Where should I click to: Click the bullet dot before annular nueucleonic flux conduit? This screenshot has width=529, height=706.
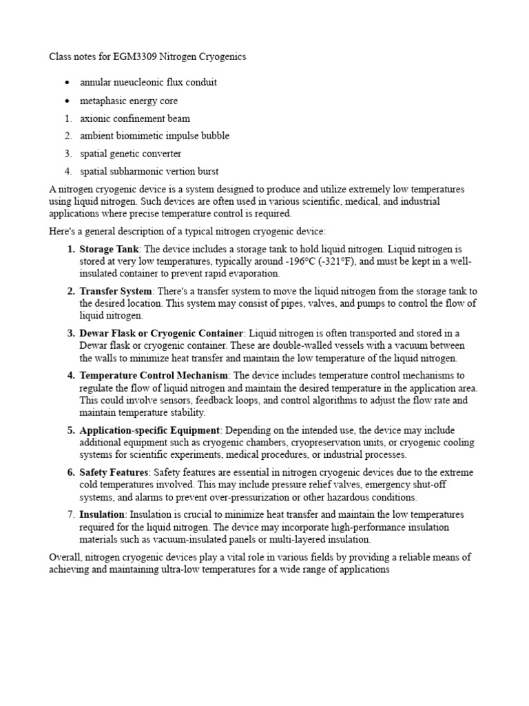tap(67, 83)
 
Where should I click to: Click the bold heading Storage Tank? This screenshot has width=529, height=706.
tap(110, 248)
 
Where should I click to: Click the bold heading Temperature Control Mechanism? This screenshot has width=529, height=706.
tap(154, 376)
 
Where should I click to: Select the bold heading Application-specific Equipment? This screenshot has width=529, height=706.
tap(152, 430)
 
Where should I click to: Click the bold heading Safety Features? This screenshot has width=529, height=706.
tap(114, 472)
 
